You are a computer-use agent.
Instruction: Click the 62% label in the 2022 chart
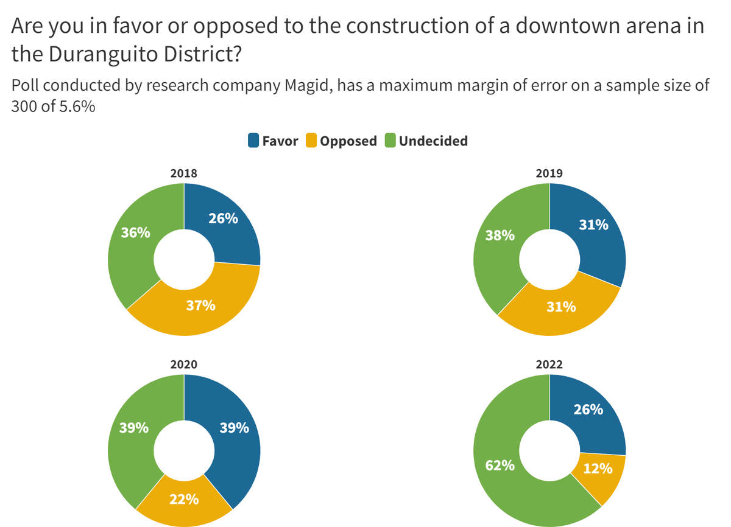[x=500, y=467]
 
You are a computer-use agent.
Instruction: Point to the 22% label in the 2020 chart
[x=183, y=500]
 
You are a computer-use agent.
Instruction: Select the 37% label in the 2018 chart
[x=200, y=305]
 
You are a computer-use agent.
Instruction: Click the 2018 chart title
[x=183, y=173]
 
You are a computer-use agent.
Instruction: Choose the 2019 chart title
[x=549, y=173]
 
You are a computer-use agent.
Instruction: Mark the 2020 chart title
[x=183, y=365]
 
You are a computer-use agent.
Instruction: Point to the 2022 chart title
[x=549, y=365]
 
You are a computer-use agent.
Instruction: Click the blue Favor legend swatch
[x=253, y=141]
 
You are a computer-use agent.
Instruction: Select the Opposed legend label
[x=348, y=141]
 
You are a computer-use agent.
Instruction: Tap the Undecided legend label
[x=433, y=141]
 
